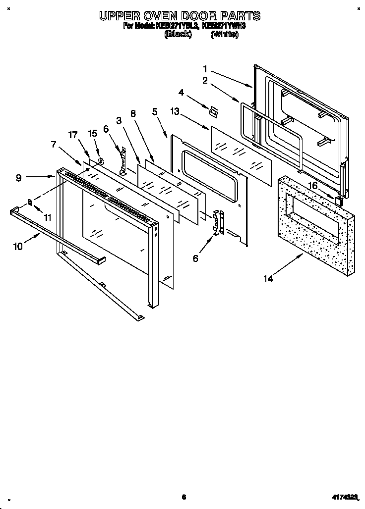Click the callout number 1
(x=205, y=69)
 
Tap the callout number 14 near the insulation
(x=268, y=279)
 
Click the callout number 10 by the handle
(x=18, y=247)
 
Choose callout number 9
(x=18, y=178)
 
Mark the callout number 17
(x=73, y=134)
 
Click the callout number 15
(x=92, y=134)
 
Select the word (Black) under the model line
(x=177, y=35)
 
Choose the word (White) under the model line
(x=224, y=35)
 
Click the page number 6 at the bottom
(x=183, y=497)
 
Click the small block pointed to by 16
(x=339, y=200)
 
